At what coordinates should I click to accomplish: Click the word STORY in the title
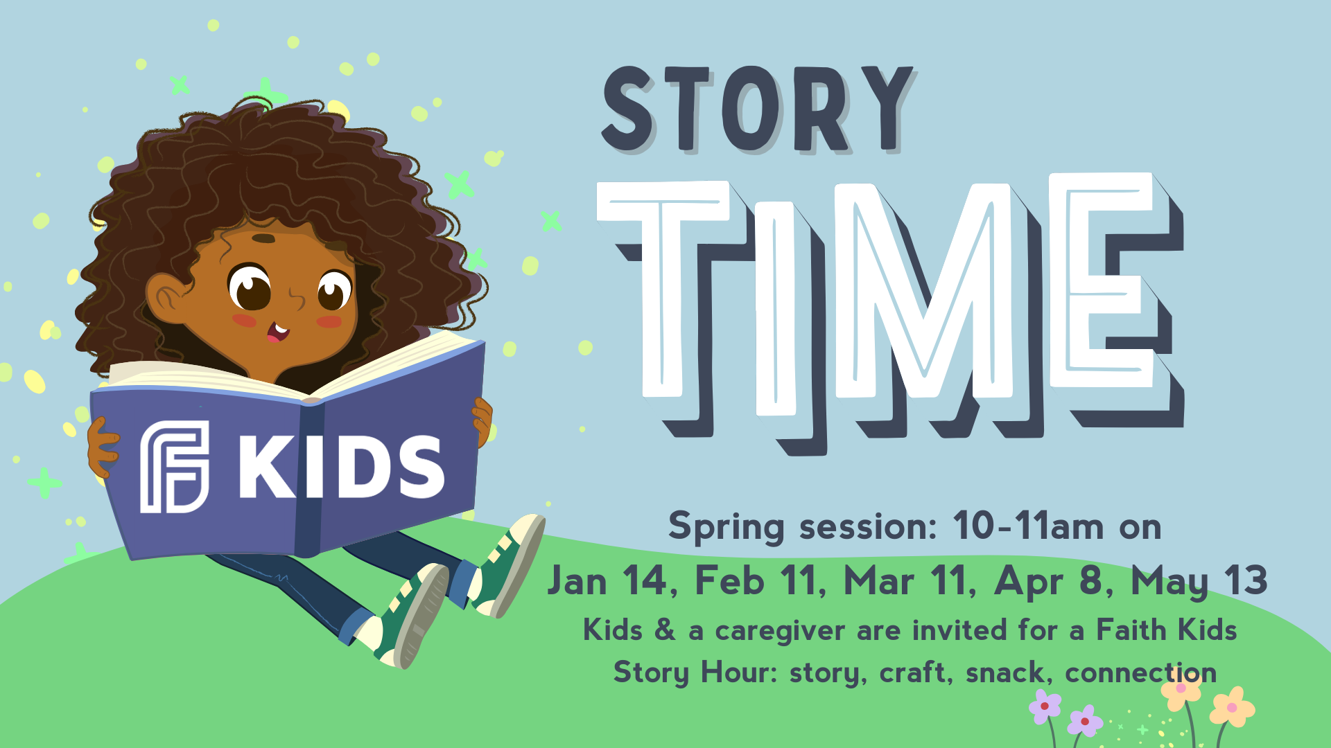click(x=759, y=109)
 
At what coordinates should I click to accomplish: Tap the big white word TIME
click(x=891, y=305)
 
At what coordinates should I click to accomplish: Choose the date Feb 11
click(x=760, y=580)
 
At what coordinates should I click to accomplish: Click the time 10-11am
click(x=1028, y=526)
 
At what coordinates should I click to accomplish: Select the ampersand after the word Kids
click(x=665, y=630)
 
